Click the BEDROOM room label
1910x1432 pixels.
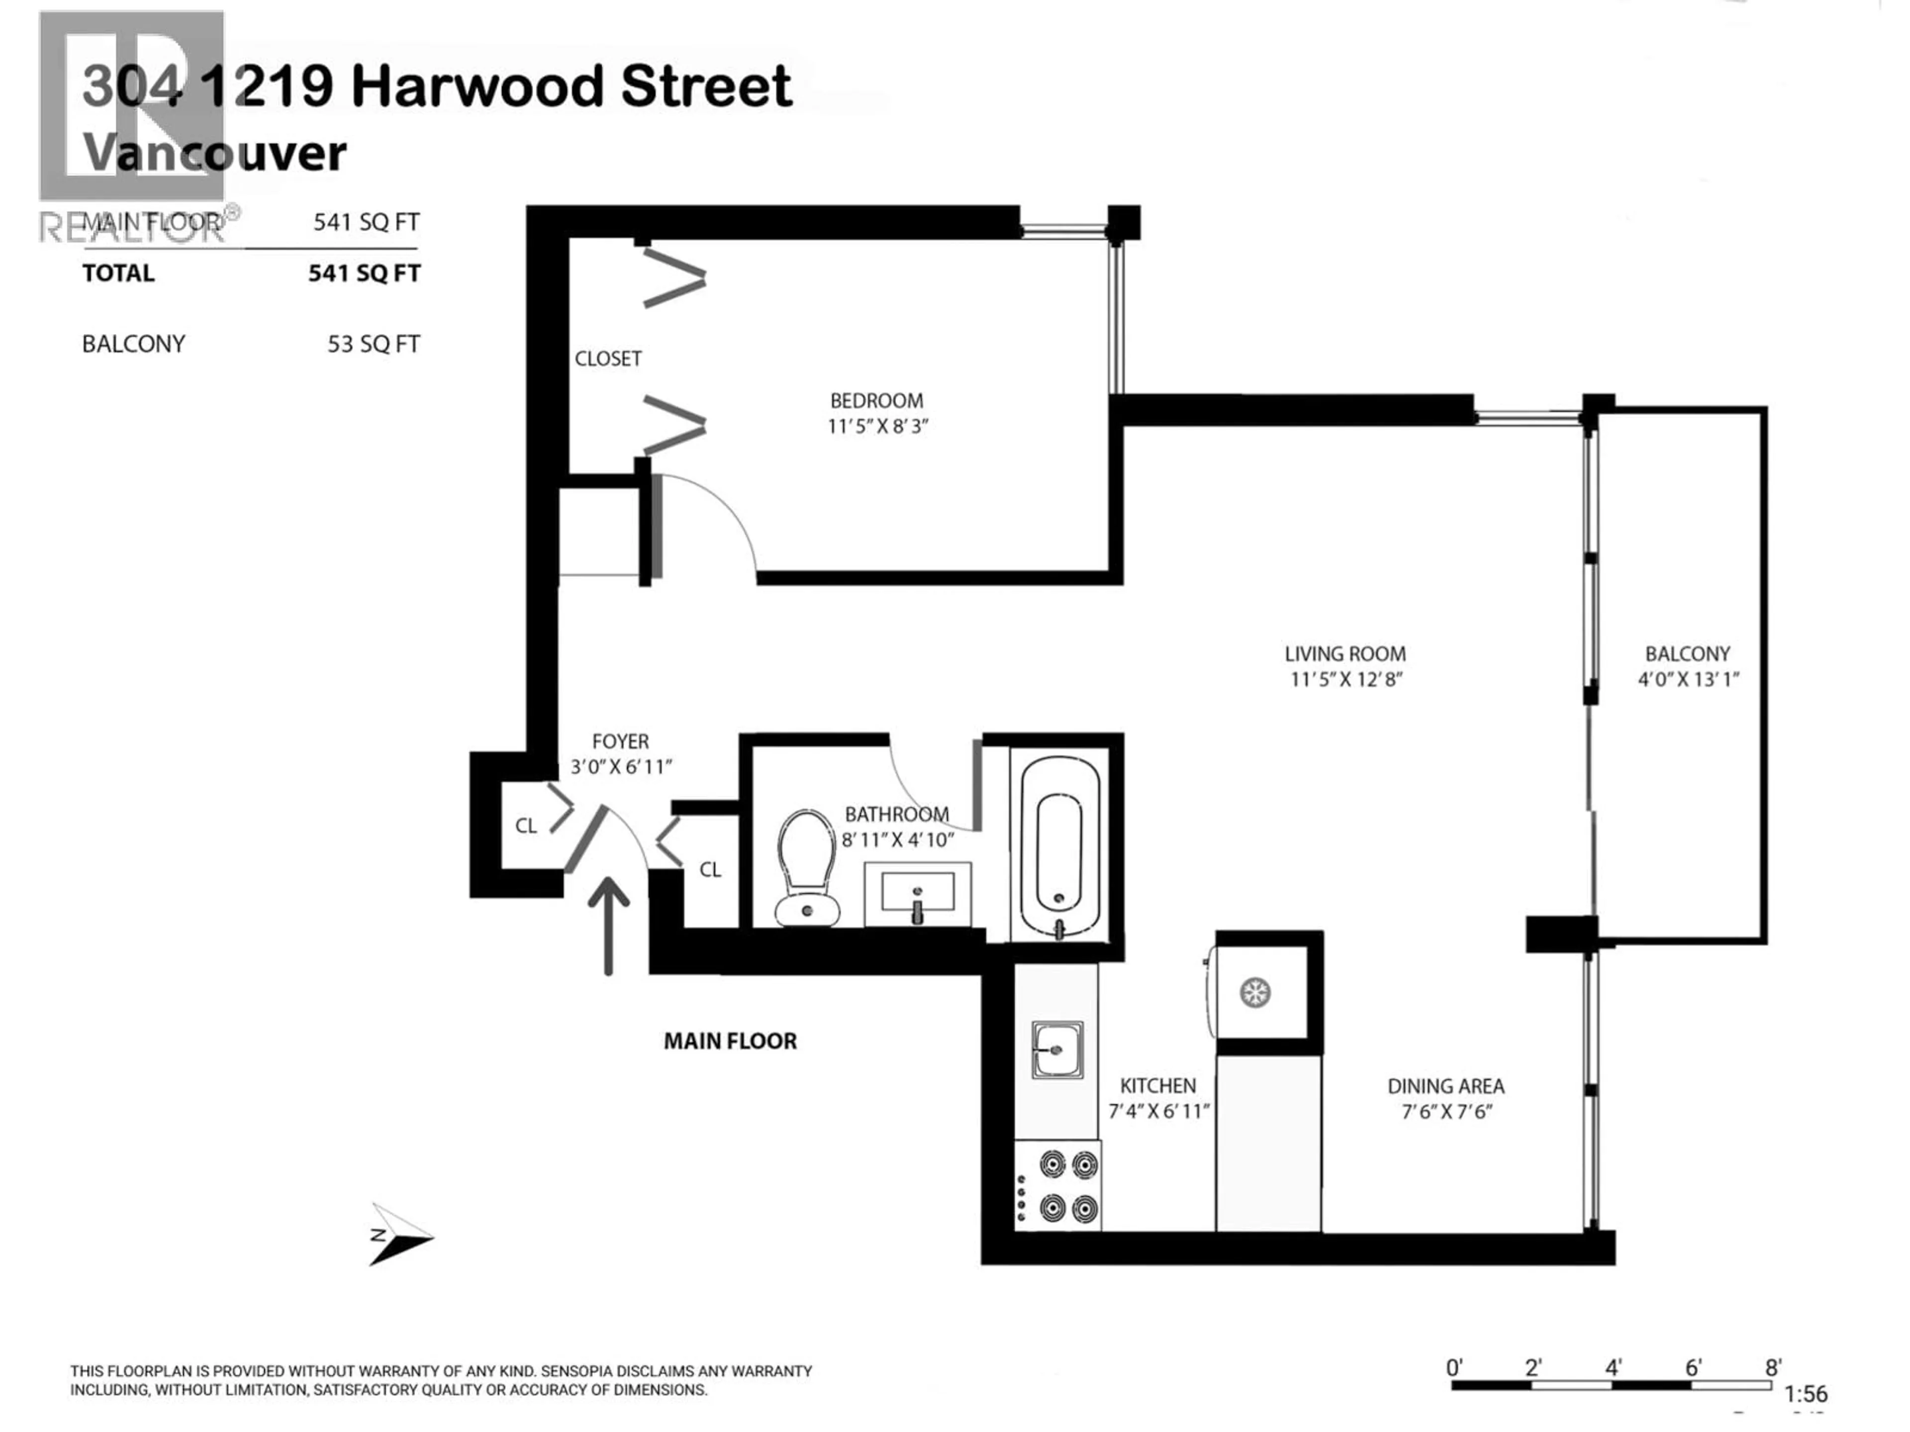(x=876, y=400)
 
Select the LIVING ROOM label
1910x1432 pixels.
(x=1344, y=654)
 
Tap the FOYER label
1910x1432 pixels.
(x=620, y=741)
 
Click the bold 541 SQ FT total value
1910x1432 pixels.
(x=364, y=273)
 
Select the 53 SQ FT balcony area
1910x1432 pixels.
(x=373, y=345)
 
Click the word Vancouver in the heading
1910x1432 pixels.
(x=214, y=153)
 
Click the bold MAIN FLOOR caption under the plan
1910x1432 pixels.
(x=730, y=1041)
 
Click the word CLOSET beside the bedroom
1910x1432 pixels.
(x=608, y=358)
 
